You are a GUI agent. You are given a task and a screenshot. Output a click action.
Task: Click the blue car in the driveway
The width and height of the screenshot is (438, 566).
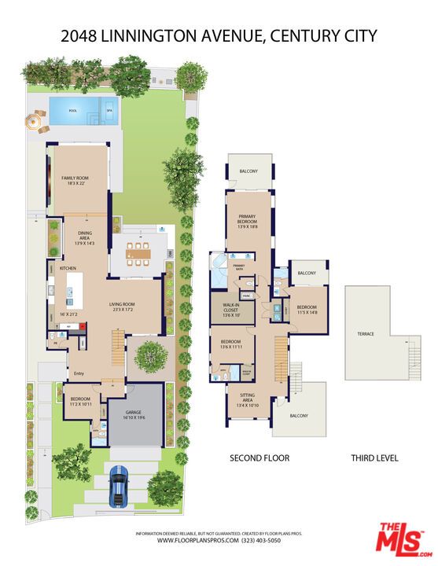(119, 484)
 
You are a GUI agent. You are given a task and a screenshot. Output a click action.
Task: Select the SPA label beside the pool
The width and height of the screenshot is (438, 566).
(110, 111)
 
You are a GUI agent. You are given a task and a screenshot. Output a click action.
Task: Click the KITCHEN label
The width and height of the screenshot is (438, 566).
(68, 269)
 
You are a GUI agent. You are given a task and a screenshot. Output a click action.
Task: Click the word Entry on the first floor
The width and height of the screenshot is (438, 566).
(79, 373)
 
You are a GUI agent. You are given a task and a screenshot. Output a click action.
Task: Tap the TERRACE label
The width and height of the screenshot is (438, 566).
(366, 334)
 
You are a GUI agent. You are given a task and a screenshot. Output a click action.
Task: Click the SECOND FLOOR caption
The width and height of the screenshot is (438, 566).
(259, 458)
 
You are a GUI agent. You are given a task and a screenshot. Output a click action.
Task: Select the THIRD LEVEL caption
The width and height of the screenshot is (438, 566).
(375, 458)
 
